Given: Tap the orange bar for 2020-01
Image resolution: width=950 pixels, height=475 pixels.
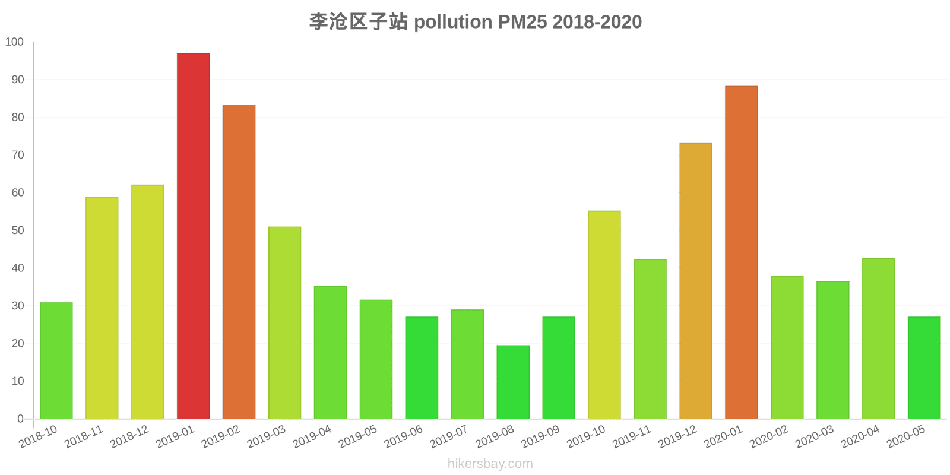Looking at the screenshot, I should pyautogui.click(x=741, y=252).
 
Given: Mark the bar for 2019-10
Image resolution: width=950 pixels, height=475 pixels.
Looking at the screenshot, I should pyautogui.click(x=604, y=315).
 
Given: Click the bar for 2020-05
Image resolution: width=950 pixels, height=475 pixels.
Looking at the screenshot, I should pyautogui.click(x=924, y=368).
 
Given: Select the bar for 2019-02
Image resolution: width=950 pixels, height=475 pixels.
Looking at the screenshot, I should pyautogui.click(x=239, y=262).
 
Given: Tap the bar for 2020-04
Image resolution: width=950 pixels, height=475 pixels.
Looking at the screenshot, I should pyautogui.click(x=878, y=338).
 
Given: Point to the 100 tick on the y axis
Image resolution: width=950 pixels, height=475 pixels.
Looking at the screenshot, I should pyautogui.click(x=14, y=42).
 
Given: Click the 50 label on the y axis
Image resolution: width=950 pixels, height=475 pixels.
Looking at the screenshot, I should pyautogui.click(x=17, y=230).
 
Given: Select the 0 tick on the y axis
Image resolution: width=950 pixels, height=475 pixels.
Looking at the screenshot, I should pyautogui.click(x=21, y=419).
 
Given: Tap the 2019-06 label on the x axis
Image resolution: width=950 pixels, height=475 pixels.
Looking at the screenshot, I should pyautogui.click(x=404, y=437).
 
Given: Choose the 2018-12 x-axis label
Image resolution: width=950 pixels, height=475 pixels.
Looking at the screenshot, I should pyautogui.click(x=129, y=437).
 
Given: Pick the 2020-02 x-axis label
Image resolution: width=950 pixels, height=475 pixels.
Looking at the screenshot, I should pyautogui.click(x=769, y=437).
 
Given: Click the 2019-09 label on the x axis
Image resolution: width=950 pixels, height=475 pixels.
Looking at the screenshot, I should pyautogui.click(x=540, y=437).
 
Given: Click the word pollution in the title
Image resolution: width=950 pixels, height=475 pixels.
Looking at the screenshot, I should pyautogui.click(x=453, y=22).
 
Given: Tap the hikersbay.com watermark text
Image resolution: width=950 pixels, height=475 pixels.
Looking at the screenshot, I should pyautogui.click(x=490, y=464).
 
